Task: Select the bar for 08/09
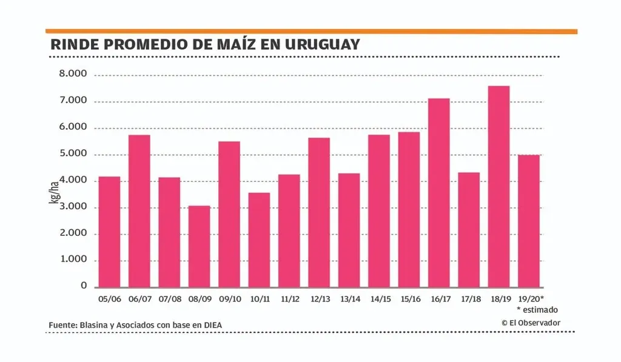pos(199,246)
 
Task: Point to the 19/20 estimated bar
pos(529,221)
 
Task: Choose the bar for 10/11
pos(259,240)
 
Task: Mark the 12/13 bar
pos(319,212)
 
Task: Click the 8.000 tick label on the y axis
pos(73,75)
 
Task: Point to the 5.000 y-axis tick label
pos(73,154)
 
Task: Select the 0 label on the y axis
pos(84,286)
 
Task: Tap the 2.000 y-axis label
pos(73,233)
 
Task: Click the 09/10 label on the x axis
pos(229,299)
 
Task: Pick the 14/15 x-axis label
pos(379,299)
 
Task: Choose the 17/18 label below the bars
pos(469,299)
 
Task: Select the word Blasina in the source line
pos(95,326)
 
